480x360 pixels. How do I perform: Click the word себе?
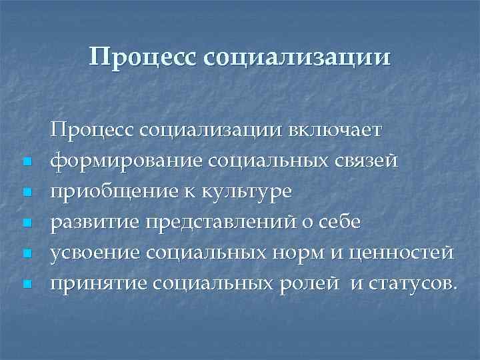pos(339,222)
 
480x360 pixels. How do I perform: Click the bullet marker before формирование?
pos(26,162)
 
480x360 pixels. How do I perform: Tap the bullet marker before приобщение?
pos(26,193)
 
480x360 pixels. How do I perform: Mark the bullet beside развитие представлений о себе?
pos(26,223)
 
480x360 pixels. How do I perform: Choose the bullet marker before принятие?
pos(26,285)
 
